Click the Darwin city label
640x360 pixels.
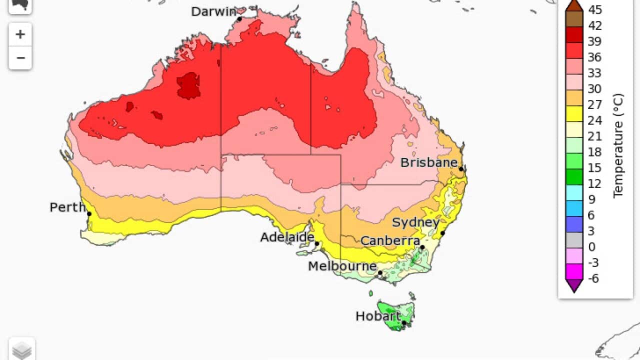tap(213, 11)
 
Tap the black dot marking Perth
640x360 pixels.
tap(89, 214)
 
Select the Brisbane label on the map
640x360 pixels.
tap(429, 162)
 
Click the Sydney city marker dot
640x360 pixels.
tap(442, 233)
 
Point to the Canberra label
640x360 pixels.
tap(390, 241)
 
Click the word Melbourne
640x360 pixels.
tap(342, 266)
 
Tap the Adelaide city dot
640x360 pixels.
tap(317, 244)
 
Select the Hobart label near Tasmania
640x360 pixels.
tap(377, 316)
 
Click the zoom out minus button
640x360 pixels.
tap(20, 58)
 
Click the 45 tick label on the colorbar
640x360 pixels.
tap(595, 10)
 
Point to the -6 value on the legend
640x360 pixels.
tap(593, 278)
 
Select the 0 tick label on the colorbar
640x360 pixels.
tap(591, 247)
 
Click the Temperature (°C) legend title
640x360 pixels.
tap(618, 145)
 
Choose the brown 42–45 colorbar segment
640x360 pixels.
tap(574, 18)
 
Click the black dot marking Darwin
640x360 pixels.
tap(239, 19)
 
